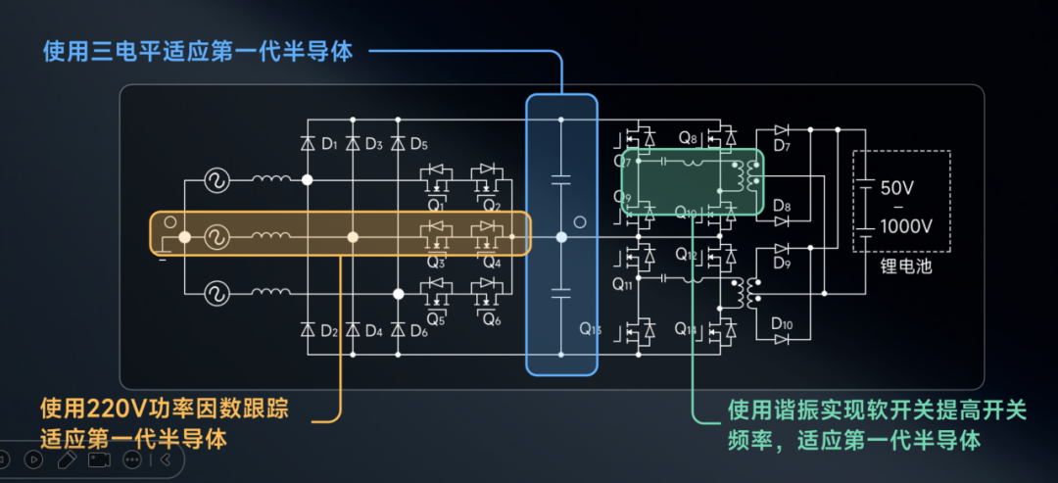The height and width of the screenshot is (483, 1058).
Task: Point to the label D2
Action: pyautogui.click(x=330, y=331)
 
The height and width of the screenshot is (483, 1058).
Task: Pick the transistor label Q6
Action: pyautogui.click(x=491, y=320)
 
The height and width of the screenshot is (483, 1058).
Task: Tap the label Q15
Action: pyautogui.click(x=590, y=328)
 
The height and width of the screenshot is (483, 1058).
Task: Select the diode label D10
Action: pyautogui.click(x=782, y=323)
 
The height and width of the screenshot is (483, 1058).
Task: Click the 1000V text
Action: pyautogui.click(x=905, y=226)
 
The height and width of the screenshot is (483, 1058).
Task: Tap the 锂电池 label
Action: pyautogui.click(x=905, y=266)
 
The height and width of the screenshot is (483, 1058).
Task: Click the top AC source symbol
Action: pyautogui.click(x=216, y=179)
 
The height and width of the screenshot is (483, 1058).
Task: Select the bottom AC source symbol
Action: pyautogui.click(x=216, y=292)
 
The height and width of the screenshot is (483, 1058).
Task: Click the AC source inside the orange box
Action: pyautogui.click(x=216, y=236)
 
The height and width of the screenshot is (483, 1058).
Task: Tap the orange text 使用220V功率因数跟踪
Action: pyautogui.click(x=165, y=409)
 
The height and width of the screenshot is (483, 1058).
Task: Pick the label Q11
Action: pyautogui.click(x=623, y=285)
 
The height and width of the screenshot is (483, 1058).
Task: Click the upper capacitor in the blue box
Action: pyautogui.click(x=561, y=179)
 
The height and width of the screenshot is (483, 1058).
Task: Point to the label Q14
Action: pyautogui.click(x=685, y=330)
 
